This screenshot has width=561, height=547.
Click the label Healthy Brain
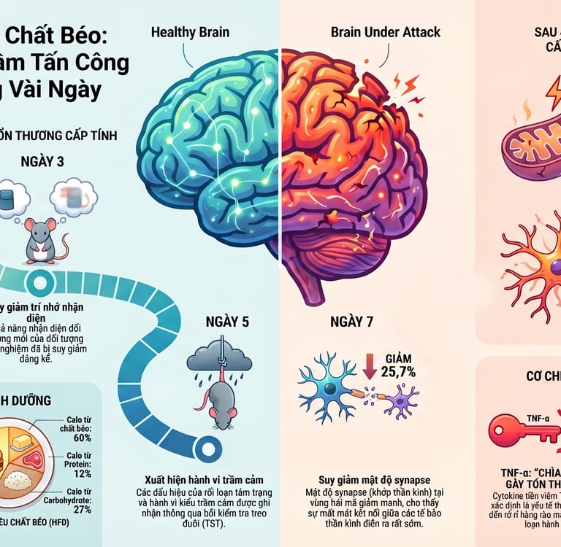pyautogui.click(x=189, y=32)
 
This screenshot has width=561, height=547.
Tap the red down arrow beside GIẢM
pyautogui.click(x=370, y=365)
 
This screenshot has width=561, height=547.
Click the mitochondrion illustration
pyautogui.click(x=530, y=146)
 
